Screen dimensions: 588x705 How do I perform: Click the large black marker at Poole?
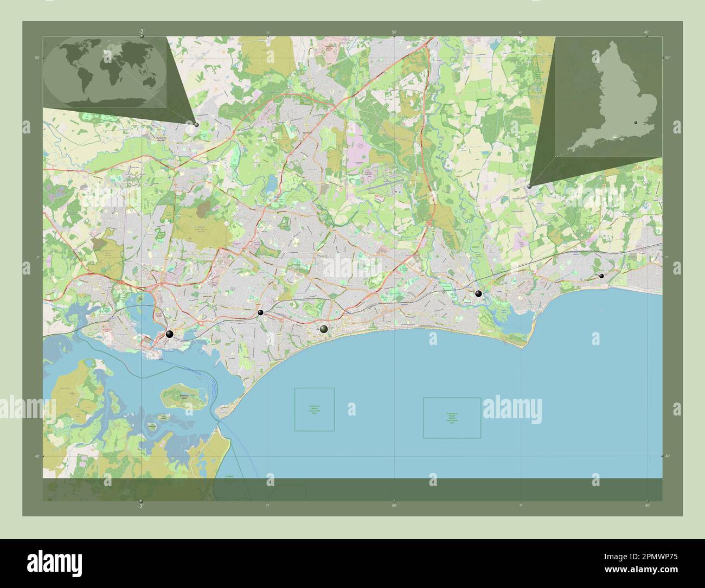(x=170, y=334)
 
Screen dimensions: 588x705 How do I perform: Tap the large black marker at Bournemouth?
(x=324, y=329)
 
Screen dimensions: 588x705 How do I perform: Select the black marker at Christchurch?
(x=478, y=293)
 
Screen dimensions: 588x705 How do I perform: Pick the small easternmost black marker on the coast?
(x=601, y=276)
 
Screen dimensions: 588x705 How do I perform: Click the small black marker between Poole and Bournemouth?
(x=261, y=312)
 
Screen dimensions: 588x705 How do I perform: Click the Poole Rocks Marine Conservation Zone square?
(x=315, y=410)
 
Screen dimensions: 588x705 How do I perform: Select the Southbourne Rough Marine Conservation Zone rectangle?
(x=452, y=418)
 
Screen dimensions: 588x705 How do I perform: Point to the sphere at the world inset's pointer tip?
(x=196, y=124)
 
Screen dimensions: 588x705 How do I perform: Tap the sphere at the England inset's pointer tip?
(x=529, y=186)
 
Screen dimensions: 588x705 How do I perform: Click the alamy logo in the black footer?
(x=54, y=563)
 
